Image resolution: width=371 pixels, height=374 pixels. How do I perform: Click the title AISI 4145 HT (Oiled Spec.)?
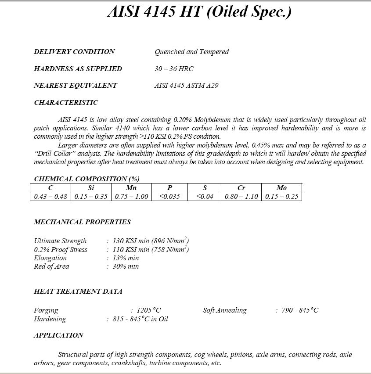point(199,12)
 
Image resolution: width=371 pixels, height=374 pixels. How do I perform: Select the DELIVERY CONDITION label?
point(74,52)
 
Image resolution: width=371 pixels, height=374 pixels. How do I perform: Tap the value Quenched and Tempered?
point(191,52)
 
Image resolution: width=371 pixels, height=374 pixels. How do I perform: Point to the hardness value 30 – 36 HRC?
point(174,69)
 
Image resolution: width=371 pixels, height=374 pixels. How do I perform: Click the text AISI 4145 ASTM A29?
point(186,86)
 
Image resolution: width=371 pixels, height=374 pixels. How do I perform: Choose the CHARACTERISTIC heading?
point(66,103)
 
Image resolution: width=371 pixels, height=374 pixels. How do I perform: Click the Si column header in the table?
point(91,188)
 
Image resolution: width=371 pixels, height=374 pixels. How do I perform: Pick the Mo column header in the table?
point(281,188)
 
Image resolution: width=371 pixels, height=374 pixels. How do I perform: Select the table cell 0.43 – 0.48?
point(51,197)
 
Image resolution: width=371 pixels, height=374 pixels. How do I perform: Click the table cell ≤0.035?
point(169,197)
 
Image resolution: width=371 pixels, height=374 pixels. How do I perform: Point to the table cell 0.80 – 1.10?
point(241,197)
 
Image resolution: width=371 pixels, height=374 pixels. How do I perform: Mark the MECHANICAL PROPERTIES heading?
point(82,222)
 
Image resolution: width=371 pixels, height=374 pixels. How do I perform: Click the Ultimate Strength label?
point(60,241)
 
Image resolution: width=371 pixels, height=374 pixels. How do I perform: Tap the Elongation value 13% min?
point(126,258)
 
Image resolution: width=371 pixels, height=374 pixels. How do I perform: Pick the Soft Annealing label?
point(225,310)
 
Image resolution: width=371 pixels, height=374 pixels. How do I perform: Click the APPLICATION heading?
point(58,335)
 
